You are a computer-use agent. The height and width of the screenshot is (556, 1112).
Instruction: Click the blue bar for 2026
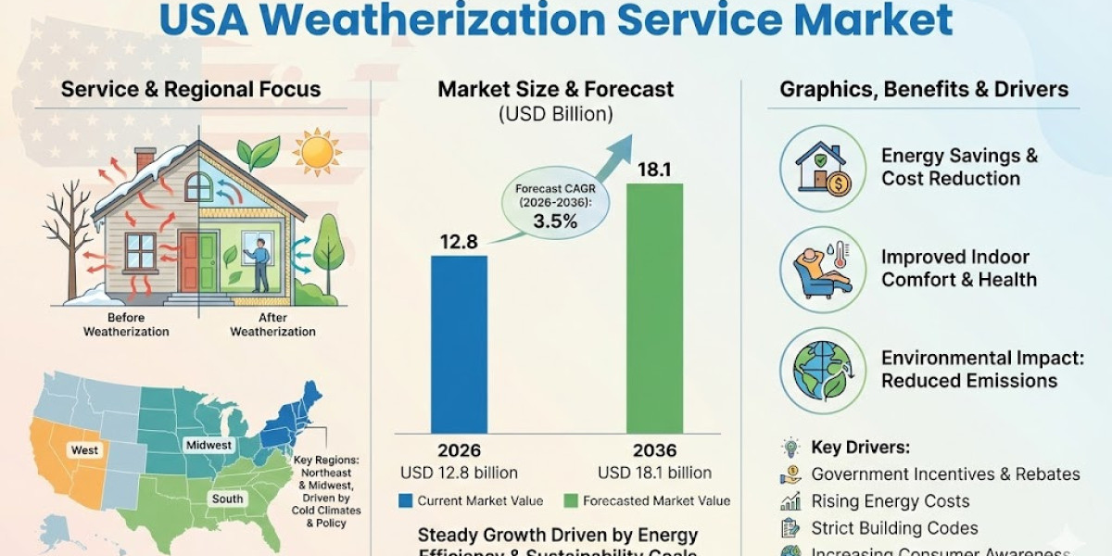pyautogui.click(x=459, y=343)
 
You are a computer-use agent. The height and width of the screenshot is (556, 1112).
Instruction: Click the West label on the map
pyautogui.click(x=84, y=449)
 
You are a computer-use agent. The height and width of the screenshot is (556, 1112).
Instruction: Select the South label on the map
pyautogui.click(x=227, y=499)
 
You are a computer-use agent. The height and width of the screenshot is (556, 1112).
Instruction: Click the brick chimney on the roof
pyautogui.click(x=145, y=160)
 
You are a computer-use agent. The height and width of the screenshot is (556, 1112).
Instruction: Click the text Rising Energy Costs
pyautogui.click(x=890, y=501)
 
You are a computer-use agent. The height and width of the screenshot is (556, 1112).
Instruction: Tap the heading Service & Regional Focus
pyautogui.click(x=191, y=90)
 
